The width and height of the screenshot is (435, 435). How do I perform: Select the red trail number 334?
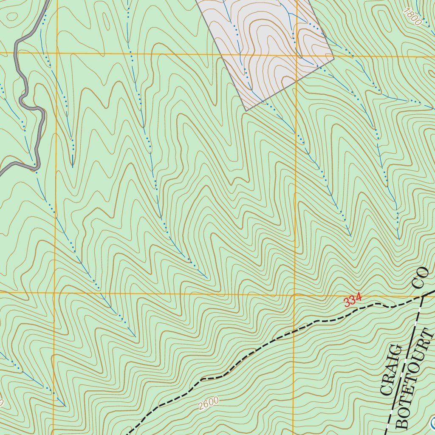click(352, 299)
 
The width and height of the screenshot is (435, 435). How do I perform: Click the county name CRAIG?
click(391, 370)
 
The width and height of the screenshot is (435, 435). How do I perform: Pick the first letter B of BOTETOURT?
click(401, 423)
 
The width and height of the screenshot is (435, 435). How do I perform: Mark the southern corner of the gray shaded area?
click(246, 111)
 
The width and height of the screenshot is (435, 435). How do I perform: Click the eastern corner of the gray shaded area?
click(334, 56)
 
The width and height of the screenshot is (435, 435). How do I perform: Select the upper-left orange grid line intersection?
click(56, 53)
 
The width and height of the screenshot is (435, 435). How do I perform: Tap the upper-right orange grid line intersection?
click(296, 55)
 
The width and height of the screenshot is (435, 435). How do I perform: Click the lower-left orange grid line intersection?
click(54, 292)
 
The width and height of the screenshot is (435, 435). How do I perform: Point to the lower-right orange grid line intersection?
click(295, 294)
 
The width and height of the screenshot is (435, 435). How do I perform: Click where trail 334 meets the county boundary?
click(423, 296)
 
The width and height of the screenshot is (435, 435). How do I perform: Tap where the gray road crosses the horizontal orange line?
click(16, 53)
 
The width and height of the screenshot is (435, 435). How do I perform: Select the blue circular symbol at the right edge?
click(432, 423)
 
